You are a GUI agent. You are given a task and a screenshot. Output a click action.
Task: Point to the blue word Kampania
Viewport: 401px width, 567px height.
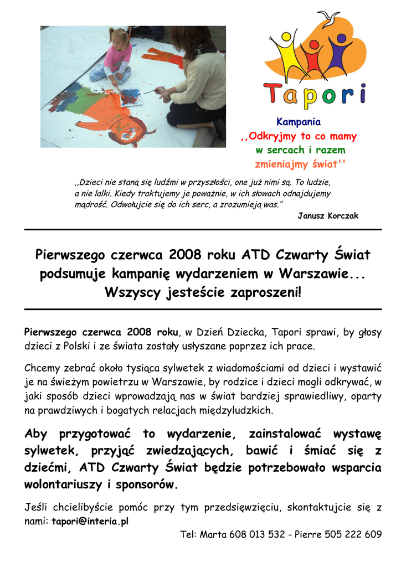pyautogui.click(x=299, y=122)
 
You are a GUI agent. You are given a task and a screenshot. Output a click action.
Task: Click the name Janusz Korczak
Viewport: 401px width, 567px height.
pyautogui.click(x=328, y=216)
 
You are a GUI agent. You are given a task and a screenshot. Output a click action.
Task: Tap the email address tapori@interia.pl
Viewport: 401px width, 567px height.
pyautogui.click(x=90, y=521)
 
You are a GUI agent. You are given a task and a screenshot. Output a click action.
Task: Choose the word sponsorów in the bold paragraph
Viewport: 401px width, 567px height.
pyautogui.click(x=145, y=484)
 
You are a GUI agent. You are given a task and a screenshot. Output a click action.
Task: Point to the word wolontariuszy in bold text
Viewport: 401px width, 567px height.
pyautogui.click(x=63, y=484)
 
